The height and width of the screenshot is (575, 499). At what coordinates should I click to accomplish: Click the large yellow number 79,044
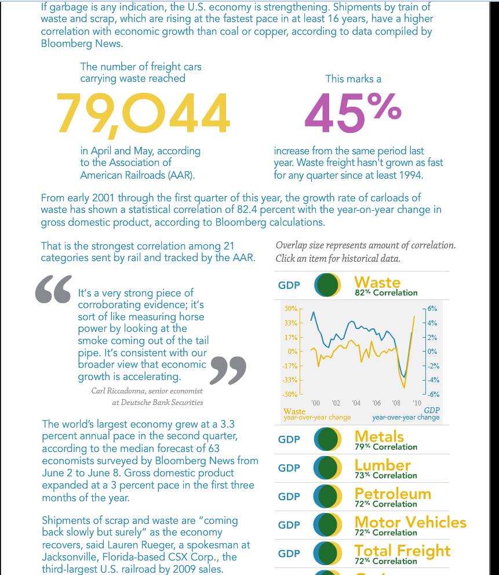click(x=143, y=112)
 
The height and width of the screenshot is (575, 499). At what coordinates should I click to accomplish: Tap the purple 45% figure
click(x=352, y=112)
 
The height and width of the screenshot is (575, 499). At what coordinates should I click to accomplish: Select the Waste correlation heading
click(x=377, y=283)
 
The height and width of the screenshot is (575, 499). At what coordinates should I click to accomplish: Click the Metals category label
click(x=379, y=436)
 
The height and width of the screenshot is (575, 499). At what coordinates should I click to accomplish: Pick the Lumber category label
click(x=383, y=465)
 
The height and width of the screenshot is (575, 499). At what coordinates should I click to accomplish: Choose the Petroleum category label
click(x=392, y=494)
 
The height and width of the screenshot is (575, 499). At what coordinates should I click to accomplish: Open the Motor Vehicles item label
click(x=410, y=522)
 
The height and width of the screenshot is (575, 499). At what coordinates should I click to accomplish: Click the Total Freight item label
click(x=402, y=551)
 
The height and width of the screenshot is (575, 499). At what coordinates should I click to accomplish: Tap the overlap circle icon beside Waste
click(x=327, y=285)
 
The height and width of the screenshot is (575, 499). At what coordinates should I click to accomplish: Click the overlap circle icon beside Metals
click(x=327, y=439)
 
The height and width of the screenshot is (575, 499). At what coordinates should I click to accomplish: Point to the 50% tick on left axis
click(x=290, y=308)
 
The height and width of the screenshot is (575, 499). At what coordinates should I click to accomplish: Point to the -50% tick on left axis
click(x=289, y=394)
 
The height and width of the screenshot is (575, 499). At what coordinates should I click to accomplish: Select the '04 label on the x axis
click(x=356, y=403)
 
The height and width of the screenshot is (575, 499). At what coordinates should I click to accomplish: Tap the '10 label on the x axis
click(x=416, y=403)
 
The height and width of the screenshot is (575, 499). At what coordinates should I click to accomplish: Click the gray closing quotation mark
click(x=227, y=370)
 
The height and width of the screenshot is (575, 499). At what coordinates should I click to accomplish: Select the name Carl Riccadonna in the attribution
click(x=118, y=390)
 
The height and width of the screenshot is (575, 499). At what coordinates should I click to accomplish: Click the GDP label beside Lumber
click(x=289, y=468)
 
